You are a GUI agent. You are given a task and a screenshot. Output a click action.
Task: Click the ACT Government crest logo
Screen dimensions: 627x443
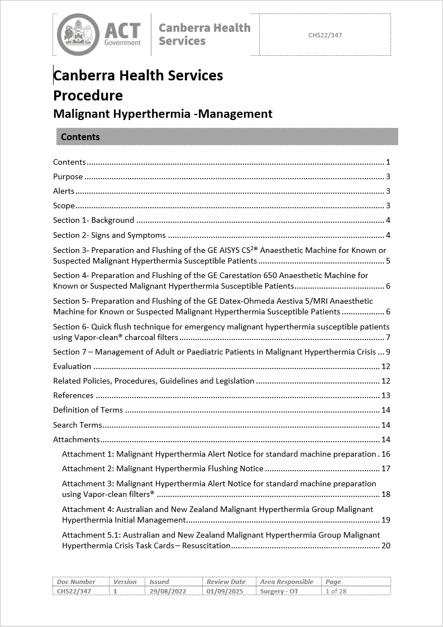[78, 35]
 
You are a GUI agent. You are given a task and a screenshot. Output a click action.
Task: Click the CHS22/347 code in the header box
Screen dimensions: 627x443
[325, 35]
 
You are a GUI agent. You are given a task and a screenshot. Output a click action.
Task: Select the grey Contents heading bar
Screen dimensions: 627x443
[227, 137]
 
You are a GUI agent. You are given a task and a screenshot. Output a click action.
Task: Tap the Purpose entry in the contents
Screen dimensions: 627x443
[68, 177]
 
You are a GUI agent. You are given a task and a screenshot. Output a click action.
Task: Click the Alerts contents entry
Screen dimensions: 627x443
[64, 192]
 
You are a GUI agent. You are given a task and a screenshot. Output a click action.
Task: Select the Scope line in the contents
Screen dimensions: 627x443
[64, 206]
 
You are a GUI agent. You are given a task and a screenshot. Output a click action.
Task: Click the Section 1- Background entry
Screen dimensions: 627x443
[94, 221]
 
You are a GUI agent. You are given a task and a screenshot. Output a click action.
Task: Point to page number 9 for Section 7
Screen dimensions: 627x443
[387, 352]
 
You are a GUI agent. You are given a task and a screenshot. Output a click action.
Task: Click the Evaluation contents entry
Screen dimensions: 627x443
[72, 367]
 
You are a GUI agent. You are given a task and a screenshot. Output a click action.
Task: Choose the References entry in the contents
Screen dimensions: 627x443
[73, 396]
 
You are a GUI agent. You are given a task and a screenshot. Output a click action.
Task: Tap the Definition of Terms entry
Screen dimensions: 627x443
[88, 410]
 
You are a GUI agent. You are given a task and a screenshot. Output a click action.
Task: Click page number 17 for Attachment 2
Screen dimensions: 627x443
[385, 469]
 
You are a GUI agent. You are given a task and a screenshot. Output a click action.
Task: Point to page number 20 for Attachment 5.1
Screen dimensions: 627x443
[385, 546]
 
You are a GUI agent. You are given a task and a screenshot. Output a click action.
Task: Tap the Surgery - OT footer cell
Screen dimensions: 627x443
[279, 591]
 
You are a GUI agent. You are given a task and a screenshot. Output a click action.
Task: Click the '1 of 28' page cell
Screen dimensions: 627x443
[336, 591]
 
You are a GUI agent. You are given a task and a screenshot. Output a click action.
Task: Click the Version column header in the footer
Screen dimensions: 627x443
[125, 582]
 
